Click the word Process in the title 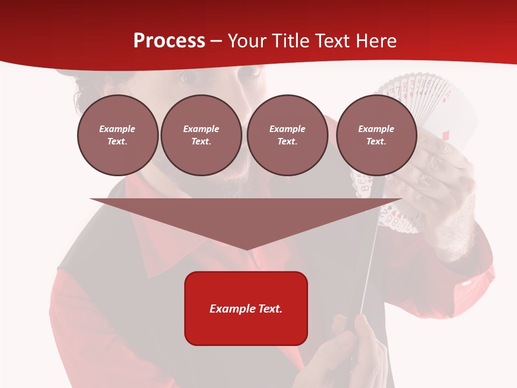click(x=169, y=41)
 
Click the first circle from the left click(x=117, y=135)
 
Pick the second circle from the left click(x=201, y=135)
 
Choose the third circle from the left click(x=287, y=135)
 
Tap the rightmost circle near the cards click(x=376, y=135)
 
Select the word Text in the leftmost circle click(x=117, y=142)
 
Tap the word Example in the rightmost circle click(x=376, y=129)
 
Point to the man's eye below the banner click(x=188, y=78)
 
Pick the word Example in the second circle click(x=201, y=129)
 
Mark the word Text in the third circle click(x=287, y=142)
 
